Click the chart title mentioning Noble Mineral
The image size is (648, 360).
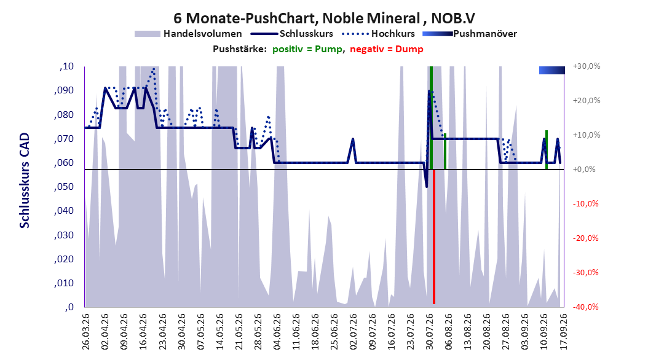point(324,18)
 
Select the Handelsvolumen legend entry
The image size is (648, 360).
point(189,34)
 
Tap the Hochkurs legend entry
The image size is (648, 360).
point(378,34)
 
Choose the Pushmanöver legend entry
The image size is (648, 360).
point(470,34)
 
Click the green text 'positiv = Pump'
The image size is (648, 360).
point(307,49)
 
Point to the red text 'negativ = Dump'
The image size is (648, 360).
point(387,49)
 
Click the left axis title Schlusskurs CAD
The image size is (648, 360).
point(25,181)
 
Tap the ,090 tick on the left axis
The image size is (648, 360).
point(64,90)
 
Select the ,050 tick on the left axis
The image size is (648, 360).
point(64,187)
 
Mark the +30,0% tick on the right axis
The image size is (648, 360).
point(587,66)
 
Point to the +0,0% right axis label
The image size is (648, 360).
point(584,170)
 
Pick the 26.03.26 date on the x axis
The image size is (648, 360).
point(85,332)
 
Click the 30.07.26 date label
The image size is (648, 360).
point(430,332)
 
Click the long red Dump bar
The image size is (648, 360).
point(434,237)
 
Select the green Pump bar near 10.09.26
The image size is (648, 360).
point(547,150)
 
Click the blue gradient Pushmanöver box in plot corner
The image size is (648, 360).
point(551,70)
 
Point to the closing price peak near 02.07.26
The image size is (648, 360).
point(353,139)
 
